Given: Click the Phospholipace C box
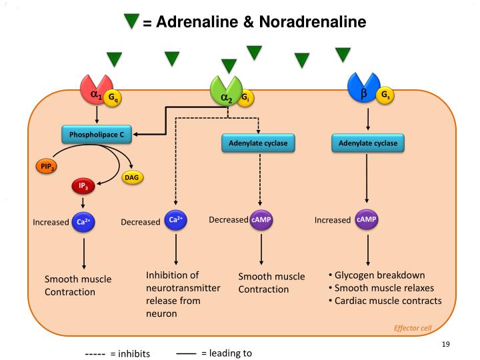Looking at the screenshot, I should click(x=98, y=135).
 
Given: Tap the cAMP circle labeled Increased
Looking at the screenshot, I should click(x=367, y=220).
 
